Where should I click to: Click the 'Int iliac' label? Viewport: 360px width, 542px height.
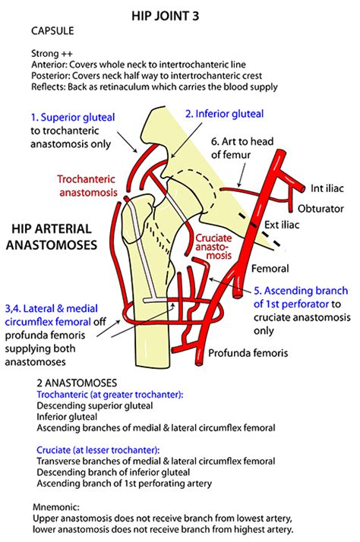327,187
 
